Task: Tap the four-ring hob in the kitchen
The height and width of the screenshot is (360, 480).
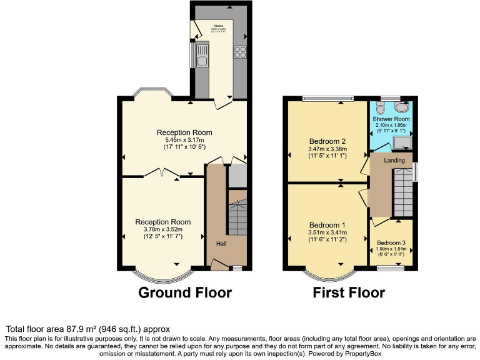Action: tap(239, 53)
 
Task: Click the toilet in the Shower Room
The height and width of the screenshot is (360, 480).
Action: tap(381, 109)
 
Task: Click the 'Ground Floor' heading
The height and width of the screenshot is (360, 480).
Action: tap(185, 292)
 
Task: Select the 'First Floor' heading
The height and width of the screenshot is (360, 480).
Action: tap(349, 292)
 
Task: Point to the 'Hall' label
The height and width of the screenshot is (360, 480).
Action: tap(222, 243)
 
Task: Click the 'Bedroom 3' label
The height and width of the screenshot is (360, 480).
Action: tap(391, 242)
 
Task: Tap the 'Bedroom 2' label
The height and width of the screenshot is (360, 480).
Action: tap(327, 141)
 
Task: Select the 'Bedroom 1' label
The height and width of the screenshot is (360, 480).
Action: tap(327, 225)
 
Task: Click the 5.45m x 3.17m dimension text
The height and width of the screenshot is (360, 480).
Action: tap(184, 140)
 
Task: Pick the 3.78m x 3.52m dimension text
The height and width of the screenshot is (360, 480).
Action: tap(163, 229)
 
